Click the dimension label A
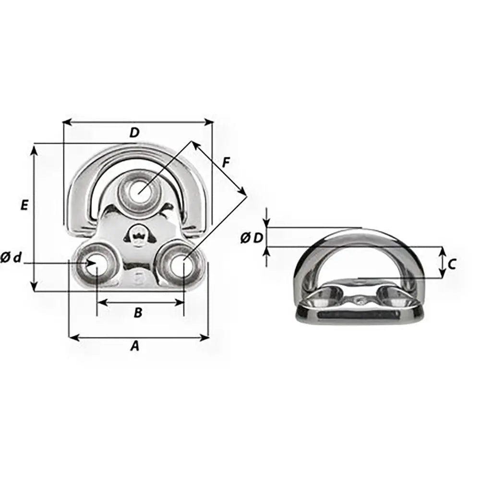coord(135,346)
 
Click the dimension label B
coord(138,313)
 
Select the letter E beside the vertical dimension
coord(24,205)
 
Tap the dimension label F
coord(226,163)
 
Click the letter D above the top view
coord(134,133)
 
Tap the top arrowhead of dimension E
coord(34,150)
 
